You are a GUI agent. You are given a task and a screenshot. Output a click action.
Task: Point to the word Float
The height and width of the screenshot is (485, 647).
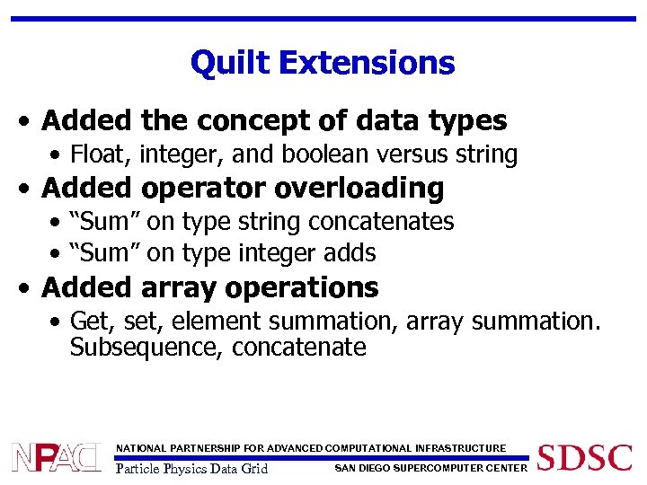(x=98, y=154)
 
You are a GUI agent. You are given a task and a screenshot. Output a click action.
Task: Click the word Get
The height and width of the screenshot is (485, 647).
(x=90, y=321)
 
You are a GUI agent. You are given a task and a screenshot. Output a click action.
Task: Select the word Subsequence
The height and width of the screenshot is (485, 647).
(x=146, y=347)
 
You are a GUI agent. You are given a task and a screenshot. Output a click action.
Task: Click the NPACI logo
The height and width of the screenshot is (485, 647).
(x=56, y=457)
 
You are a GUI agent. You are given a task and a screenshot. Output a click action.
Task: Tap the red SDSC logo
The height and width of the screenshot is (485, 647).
(x=584, y=456)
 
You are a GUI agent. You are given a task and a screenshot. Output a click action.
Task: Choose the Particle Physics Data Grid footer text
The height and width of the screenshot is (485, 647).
(x=192, y=468)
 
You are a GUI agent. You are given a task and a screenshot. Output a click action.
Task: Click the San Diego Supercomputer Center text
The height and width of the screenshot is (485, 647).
(x=430, y=467)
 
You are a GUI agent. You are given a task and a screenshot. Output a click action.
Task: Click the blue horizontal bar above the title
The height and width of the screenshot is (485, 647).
(x=323, y=19)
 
